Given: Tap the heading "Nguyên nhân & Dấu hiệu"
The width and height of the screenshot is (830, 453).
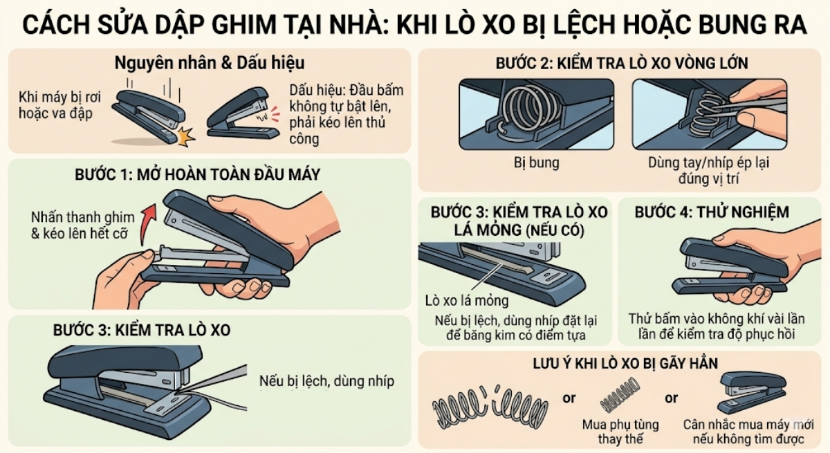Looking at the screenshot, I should (x=210, y=63).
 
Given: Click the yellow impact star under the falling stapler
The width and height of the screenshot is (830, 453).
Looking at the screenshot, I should (x=185, y=136).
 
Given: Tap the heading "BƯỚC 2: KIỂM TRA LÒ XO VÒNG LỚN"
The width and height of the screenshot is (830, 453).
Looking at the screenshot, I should (x=622, y=64).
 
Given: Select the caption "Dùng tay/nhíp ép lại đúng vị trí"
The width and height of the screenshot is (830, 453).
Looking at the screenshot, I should (x=709, y=171).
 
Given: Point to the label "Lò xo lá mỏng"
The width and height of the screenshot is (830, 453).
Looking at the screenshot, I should (x=467, y=300).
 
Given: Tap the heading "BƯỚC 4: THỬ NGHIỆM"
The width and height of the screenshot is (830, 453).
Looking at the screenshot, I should (x=712, y=212).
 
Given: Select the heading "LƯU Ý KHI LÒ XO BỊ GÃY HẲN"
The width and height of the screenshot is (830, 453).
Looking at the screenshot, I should (x=625, y=363).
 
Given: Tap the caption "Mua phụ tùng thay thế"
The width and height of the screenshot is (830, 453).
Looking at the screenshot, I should (x=620, y=432).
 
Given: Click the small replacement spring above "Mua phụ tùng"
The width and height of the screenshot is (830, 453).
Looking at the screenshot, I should (x=617, y=400).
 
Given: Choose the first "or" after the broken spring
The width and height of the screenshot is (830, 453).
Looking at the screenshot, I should (x=569, y=398).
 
